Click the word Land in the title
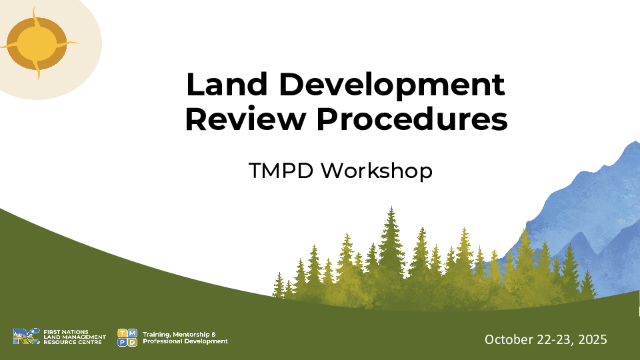point(227,84)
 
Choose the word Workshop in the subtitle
point(376,171)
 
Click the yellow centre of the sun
point(37,43)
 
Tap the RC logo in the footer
point(27,336)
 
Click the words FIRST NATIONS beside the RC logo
point(66,332)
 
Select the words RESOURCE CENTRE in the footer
point(72,342)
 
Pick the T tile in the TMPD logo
point(122,333)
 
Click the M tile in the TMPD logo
point(132,333)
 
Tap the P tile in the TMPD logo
point(122,342)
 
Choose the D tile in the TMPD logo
point(132,342)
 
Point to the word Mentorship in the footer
point(191,335)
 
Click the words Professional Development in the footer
point(185,341)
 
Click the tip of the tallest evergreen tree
point(391,207)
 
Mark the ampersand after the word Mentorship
point(213,335)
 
